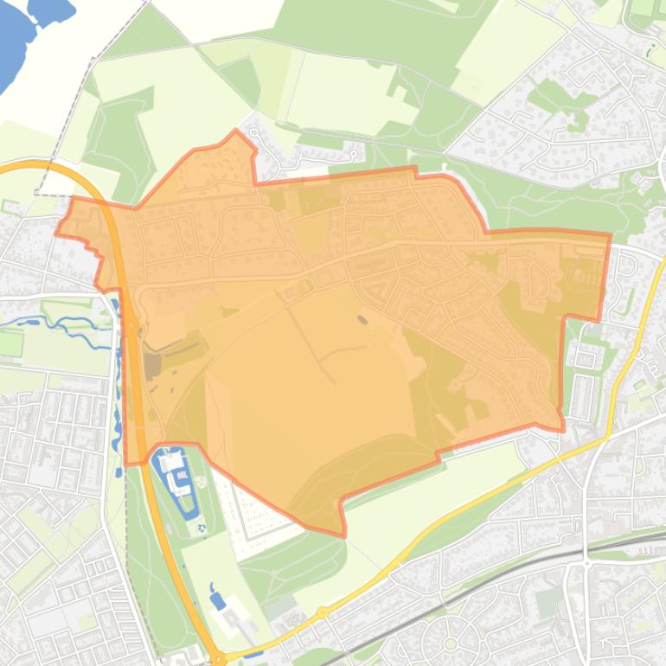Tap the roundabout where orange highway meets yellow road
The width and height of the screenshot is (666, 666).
[x=219, y=658]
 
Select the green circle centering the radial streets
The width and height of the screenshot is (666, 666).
[x=450, y=644]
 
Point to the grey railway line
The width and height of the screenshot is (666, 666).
[x=519, y=574]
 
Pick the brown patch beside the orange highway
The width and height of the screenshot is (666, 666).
[x=153, y=366]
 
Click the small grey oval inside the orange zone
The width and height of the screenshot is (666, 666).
[x=362, y=320]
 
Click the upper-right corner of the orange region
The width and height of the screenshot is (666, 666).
[x=609, y=234]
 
